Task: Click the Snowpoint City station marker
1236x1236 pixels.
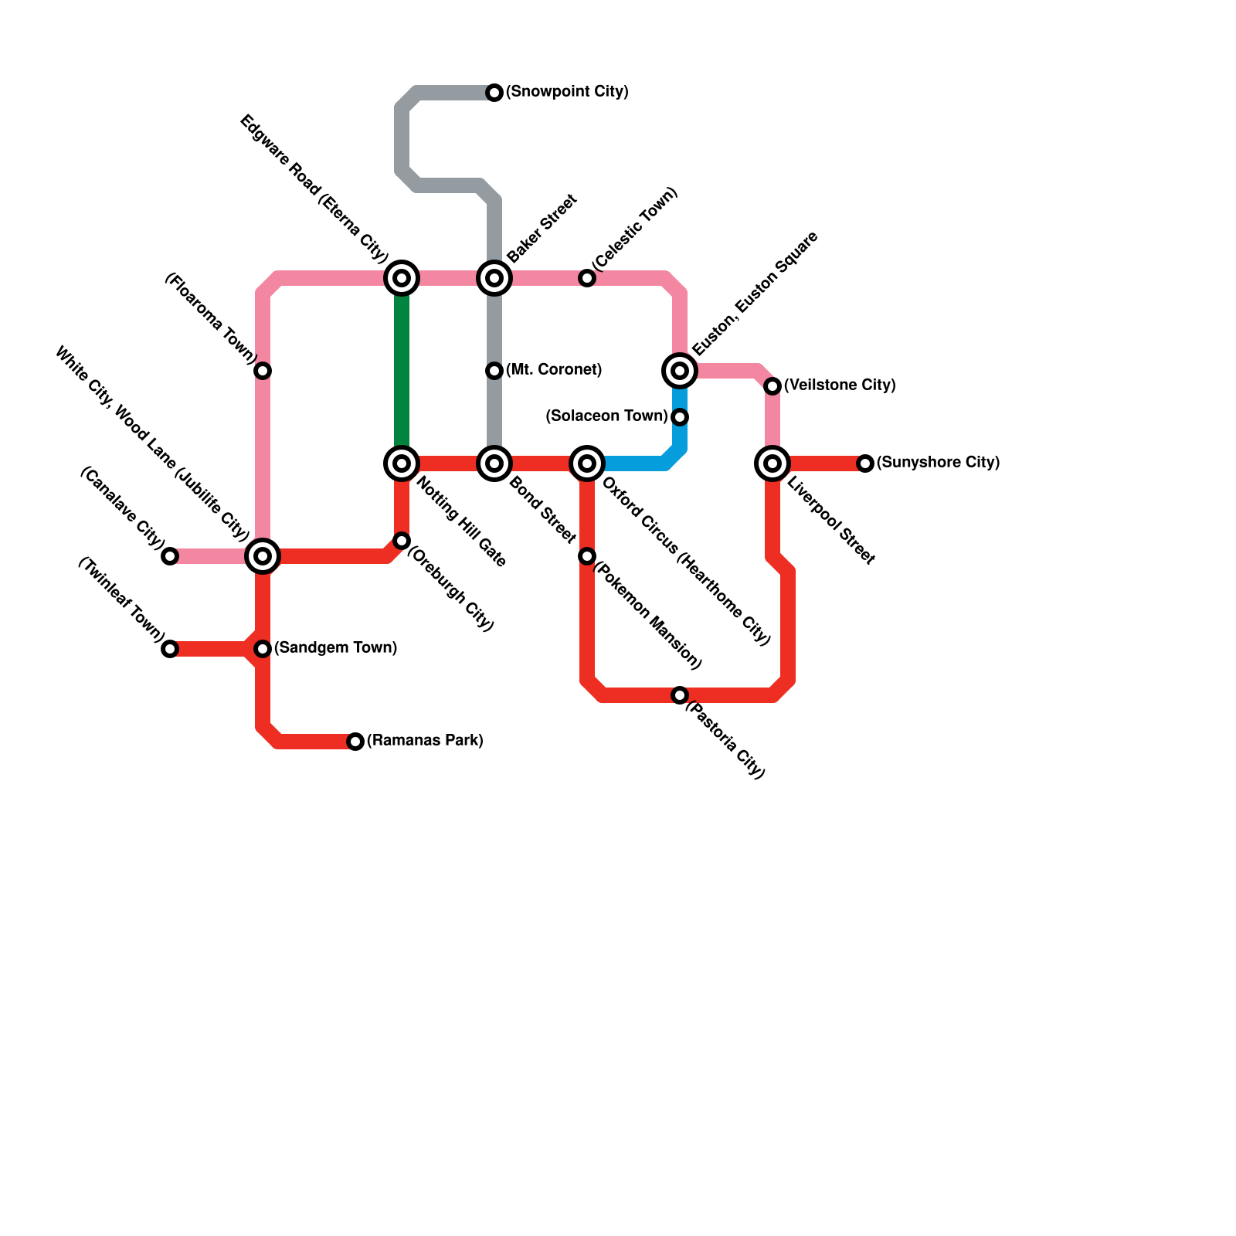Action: (x=494, y=93)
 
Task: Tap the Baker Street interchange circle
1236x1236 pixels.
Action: (x=494, y=278)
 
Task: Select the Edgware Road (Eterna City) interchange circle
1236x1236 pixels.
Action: (x=402, y=278)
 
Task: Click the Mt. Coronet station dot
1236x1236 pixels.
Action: (x=494, y=371)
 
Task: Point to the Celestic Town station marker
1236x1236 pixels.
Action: (x=587, y=278)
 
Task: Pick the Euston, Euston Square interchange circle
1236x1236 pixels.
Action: (x=680, y=371)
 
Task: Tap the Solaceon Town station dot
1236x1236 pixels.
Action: (x=680, y=417)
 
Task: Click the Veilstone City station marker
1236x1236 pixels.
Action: (x=772, y=386)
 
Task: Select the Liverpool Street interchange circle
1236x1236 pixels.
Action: (x=772, y=463)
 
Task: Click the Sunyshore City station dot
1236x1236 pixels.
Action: (x=865, y=463)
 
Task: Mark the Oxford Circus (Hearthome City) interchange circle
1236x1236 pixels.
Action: (x=587, y=463)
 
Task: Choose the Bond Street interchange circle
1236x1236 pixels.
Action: (x=494, y=463)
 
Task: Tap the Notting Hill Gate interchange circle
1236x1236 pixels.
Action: (x=402, y=463)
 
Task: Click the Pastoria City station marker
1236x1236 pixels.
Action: (x=680, y=695)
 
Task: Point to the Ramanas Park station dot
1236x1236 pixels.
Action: (x=355, y=742)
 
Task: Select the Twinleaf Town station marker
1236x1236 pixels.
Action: (x=170, y=649)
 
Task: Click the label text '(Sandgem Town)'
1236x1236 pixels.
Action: (x=335, y=648)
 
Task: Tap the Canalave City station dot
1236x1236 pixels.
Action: (x=170, y=556)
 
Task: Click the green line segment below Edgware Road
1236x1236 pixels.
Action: (x=402, y=371)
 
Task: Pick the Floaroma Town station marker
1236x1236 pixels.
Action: (x=263, y=371)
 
